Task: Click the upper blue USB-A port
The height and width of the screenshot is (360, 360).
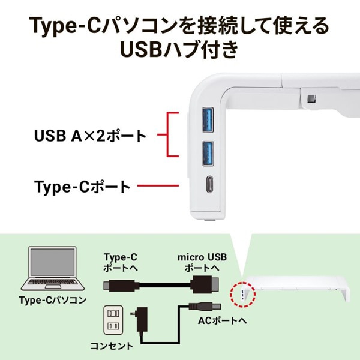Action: coord(208,117)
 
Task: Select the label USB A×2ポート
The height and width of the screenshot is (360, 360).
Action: coord(90,135)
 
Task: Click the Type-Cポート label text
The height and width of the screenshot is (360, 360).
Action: coord(82,187)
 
